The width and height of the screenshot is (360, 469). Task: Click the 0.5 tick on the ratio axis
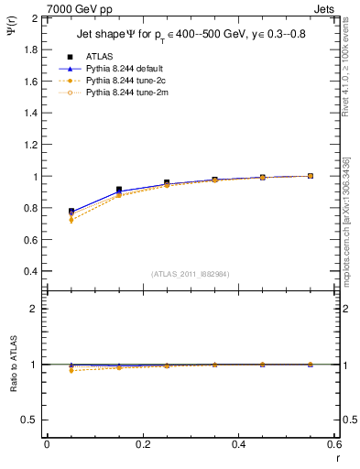tap(30, 420)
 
